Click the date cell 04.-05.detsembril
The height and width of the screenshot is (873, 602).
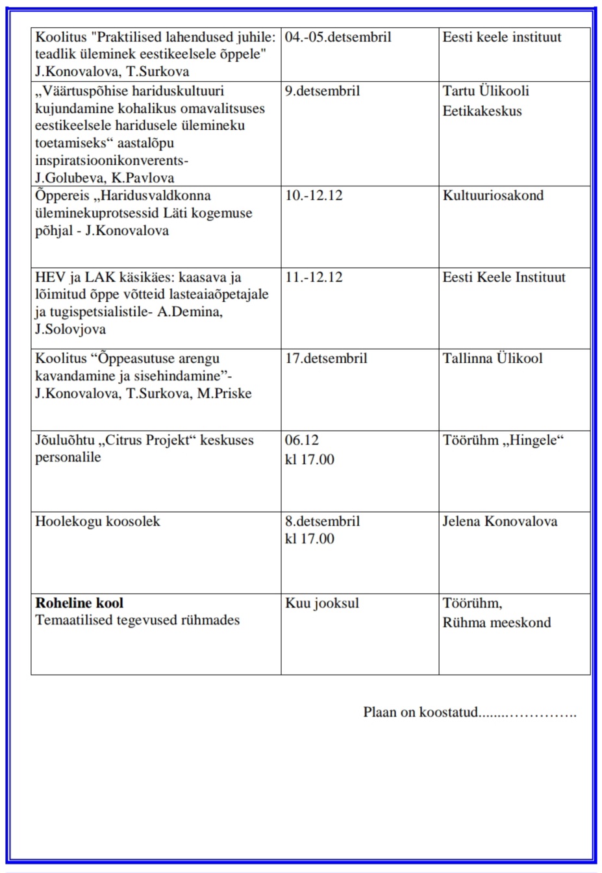click(338, 38)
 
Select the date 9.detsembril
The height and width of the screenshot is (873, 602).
click(322, 91)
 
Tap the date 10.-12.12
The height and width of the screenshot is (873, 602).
click(314, 195)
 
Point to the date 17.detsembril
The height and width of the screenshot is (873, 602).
click(326, 358)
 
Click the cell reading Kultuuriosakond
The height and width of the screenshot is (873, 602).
click(493, 195)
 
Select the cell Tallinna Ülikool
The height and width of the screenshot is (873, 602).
click(492, 358)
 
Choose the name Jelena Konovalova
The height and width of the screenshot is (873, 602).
click(499, 521)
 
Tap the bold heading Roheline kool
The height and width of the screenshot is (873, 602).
click(79, 603)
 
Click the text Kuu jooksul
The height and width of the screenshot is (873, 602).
click(321, 603)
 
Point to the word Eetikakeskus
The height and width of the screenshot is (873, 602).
click(482, 111)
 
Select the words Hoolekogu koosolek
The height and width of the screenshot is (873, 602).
click(97, 521)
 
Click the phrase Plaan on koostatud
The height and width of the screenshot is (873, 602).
click(420, 712)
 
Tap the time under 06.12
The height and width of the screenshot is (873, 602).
click(309, 460)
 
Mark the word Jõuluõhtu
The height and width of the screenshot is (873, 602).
click(65, 440)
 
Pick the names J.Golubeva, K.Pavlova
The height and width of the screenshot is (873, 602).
click(105, 178)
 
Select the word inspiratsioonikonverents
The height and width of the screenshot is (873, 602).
click(110, 160)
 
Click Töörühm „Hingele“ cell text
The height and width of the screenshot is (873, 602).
click(503, 440)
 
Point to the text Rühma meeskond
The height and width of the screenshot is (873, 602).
click(496, 622)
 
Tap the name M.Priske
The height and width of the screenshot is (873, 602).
click(224, 393)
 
